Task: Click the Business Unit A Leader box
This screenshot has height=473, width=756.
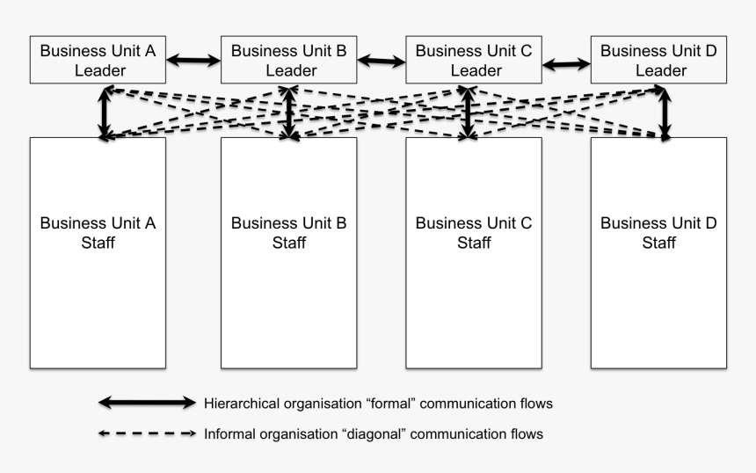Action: tap(98, 60)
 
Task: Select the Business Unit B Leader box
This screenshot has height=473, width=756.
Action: tap(289, 60)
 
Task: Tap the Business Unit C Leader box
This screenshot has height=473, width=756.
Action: tap(474, 60)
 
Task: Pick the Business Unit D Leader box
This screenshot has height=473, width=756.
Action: tap(658, 60)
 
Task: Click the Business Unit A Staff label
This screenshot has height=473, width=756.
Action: tap(98, 232)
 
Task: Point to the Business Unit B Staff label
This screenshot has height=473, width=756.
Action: tap(289, 232)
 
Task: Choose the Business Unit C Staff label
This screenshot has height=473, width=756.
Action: tap(474, 232)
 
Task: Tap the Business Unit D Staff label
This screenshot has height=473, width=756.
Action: tap(658, 232)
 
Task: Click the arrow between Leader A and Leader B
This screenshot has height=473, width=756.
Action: tap(193, 61)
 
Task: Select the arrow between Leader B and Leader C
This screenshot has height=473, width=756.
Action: tap(382, 61)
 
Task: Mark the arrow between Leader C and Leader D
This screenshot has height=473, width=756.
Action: tap(566, 64)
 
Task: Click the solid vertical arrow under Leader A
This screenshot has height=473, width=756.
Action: tap(105, 113)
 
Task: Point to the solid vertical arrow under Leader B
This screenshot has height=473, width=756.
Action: tap(289, 113)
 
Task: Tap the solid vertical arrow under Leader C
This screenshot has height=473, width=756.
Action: tap(467, 113)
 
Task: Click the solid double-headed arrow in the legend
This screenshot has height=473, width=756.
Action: tap(147, 403)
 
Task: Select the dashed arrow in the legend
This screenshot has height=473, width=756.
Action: tap(147, 433)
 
